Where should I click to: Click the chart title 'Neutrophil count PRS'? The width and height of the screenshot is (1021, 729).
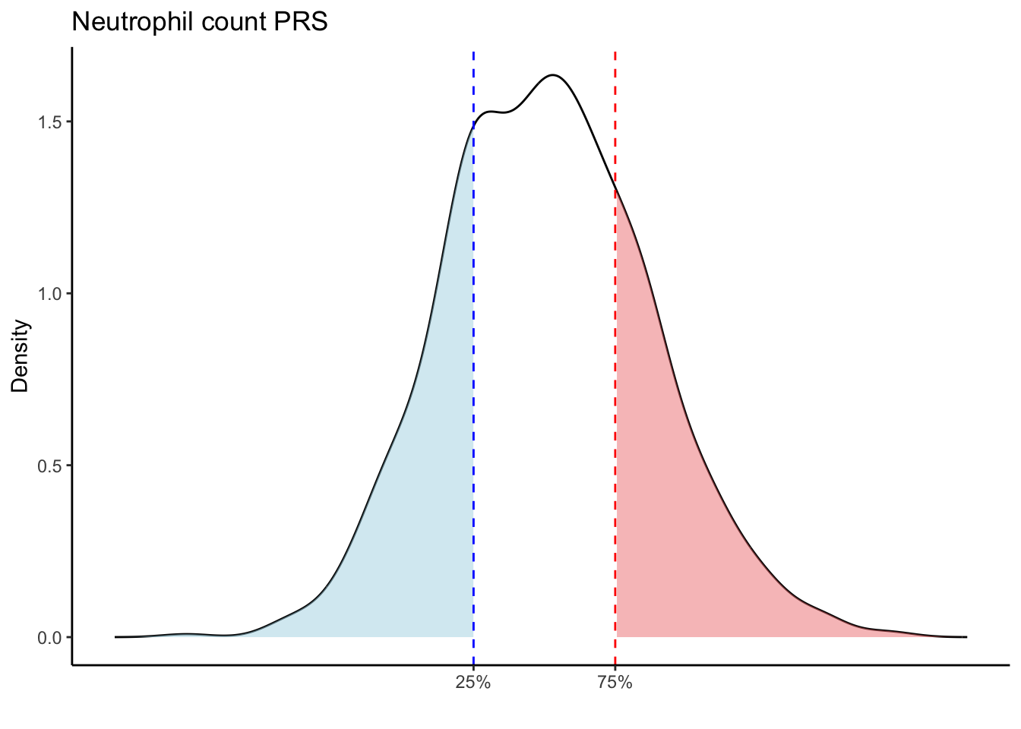pyautogui.click(x=199, y=22)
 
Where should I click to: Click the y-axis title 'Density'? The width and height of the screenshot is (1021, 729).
pyautogui.click(x=21, y=355)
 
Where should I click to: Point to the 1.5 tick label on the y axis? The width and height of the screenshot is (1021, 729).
pyautogui.click(x=51, y=122)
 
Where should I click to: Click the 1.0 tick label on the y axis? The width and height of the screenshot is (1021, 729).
pyautogui.click(x=51, y=294)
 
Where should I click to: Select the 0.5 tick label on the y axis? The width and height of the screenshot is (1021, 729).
pyautogui.click(x=51, y=465)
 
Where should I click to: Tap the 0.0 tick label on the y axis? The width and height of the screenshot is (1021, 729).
pyautogui.click(x=51, y=637)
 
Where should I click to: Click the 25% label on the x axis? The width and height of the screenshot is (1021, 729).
pyautogui.click(x=473, y=683)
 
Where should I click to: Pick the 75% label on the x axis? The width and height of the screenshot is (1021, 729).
pyautogui.click(x=615, y=683)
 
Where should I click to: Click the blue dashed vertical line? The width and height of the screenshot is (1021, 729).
pyautogui.click(x=473, y=380)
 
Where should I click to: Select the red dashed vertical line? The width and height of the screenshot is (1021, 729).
pyautogui.click(x=615, y=114)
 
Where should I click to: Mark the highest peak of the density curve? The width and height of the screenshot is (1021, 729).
pyautogui.click(x=553, y=75)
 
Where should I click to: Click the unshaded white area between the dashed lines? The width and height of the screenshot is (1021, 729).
pyautogui.click(x=543, y=380)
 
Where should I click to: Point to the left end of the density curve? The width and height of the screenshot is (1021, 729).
pyautogui.click(x=116, y=636)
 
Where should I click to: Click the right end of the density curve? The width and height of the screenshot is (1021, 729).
pyautogui.click(x=966, y=636)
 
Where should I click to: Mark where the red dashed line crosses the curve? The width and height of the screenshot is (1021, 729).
pyautogui.click(x=615, y=190)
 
